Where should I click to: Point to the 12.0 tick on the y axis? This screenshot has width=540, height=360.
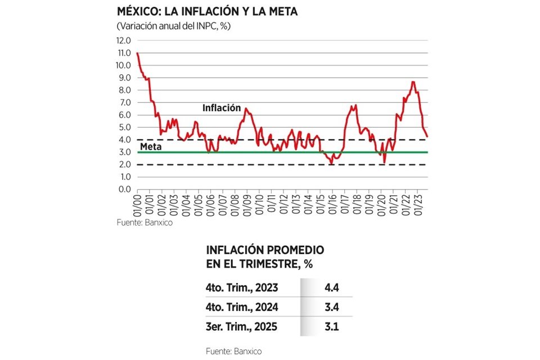point(124,40)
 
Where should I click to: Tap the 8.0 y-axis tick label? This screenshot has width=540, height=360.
point(124,90)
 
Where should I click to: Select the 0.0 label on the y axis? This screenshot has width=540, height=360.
point(124,189)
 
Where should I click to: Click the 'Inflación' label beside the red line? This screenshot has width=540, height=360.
point(222,108)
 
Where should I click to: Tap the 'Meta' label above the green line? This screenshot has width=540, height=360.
point(151,147)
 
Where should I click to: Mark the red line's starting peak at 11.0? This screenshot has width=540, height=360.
point(138,53)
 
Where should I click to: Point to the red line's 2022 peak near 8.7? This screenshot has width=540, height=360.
point(413,82)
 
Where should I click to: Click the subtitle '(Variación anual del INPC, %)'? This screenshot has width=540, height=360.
point(174,26)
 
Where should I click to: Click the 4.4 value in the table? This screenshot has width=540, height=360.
point(332,289)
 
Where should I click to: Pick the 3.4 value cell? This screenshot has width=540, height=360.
point(332,307)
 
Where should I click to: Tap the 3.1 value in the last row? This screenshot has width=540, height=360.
point(332,326)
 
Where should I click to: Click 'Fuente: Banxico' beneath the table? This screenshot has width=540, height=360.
point(234,350)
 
